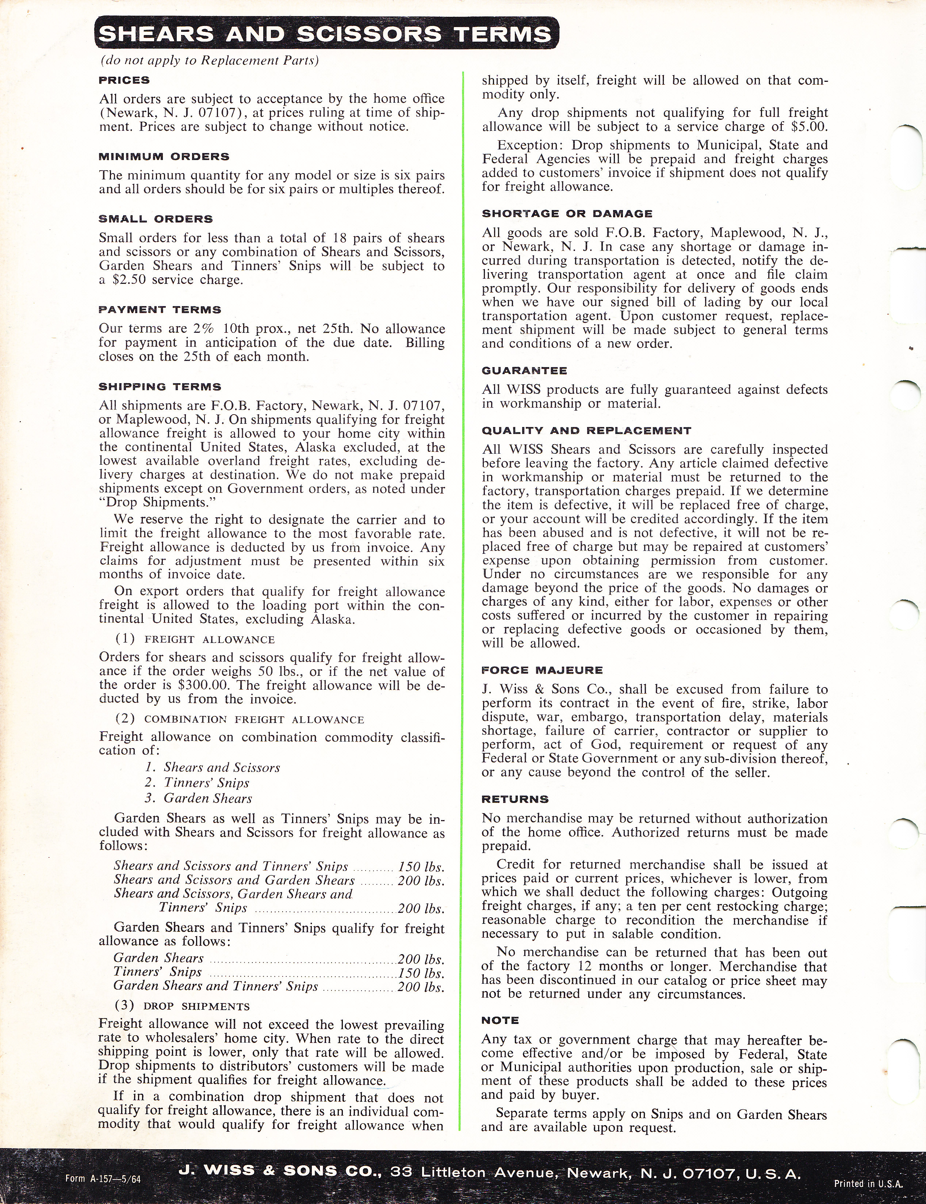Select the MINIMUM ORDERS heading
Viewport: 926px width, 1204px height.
tap(164, 157)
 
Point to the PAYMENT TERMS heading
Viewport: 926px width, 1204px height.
tap(160, 310)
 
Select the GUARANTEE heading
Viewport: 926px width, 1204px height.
tap(524, 371)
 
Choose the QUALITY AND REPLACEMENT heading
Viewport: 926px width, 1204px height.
tap(586, 431)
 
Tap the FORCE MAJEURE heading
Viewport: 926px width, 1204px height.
tap(542, 670)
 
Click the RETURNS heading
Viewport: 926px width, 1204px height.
tap(515, 799)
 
